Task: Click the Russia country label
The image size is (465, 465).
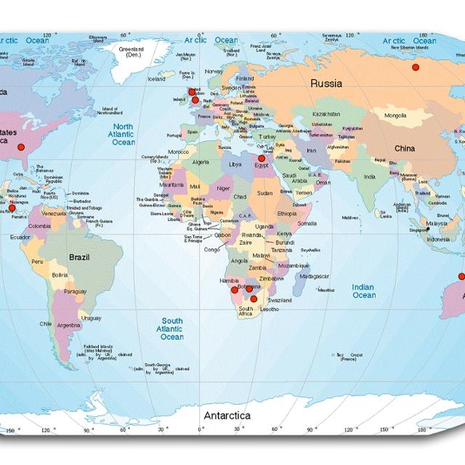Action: click(x=326, y=84)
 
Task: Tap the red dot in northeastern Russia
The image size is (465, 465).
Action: click(x=416, y=68)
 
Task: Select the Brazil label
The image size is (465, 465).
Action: click(x=78, y=256)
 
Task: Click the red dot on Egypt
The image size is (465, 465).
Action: click(x=262, y=158)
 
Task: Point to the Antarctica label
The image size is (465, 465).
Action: click(x=227, y=416)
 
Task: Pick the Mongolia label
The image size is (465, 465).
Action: click(x=395, y=116)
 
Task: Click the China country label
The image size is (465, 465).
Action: click(x=405, y=149)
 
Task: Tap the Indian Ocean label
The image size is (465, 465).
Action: click(x=363, y=291)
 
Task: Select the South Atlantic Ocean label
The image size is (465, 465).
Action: click(x=172, y=328)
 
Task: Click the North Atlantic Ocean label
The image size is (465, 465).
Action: click(x=123, y=134)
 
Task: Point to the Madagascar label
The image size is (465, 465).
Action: click(x=315, y=276)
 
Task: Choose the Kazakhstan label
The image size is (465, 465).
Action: click(x=326, y=114)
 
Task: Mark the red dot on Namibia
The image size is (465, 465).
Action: click(x=234, y=290)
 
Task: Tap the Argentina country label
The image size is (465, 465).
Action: click(x=68, y=325)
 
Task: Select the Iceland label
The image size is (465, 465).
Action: click(x=156, y=79)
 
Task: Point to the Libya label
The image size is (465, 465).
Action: click(x=235, y=164)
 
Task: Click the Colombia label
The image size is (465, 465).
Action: click(x=40, y=226)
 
